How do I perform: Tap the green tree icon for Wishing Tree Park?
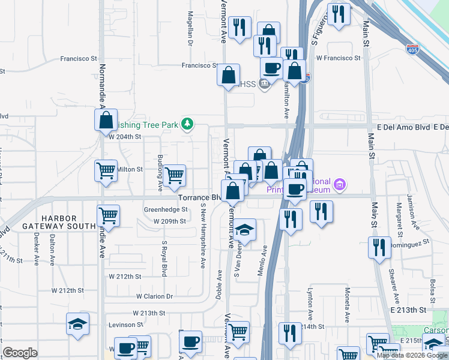click(x=188, y=124)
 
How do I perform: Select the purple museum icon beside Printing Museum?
click(x=340, y=184)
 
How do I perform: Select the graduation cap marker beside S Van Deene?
click(x=244, y=230)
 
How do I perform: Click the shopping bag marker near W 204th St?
click(x=106, y=120)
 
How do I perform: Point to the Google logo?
click(x=20, y=353)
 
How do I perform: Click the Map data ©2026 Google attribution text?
click(x=412, y=355)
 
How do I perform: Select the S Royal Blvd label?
click(x=164, y=259)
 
